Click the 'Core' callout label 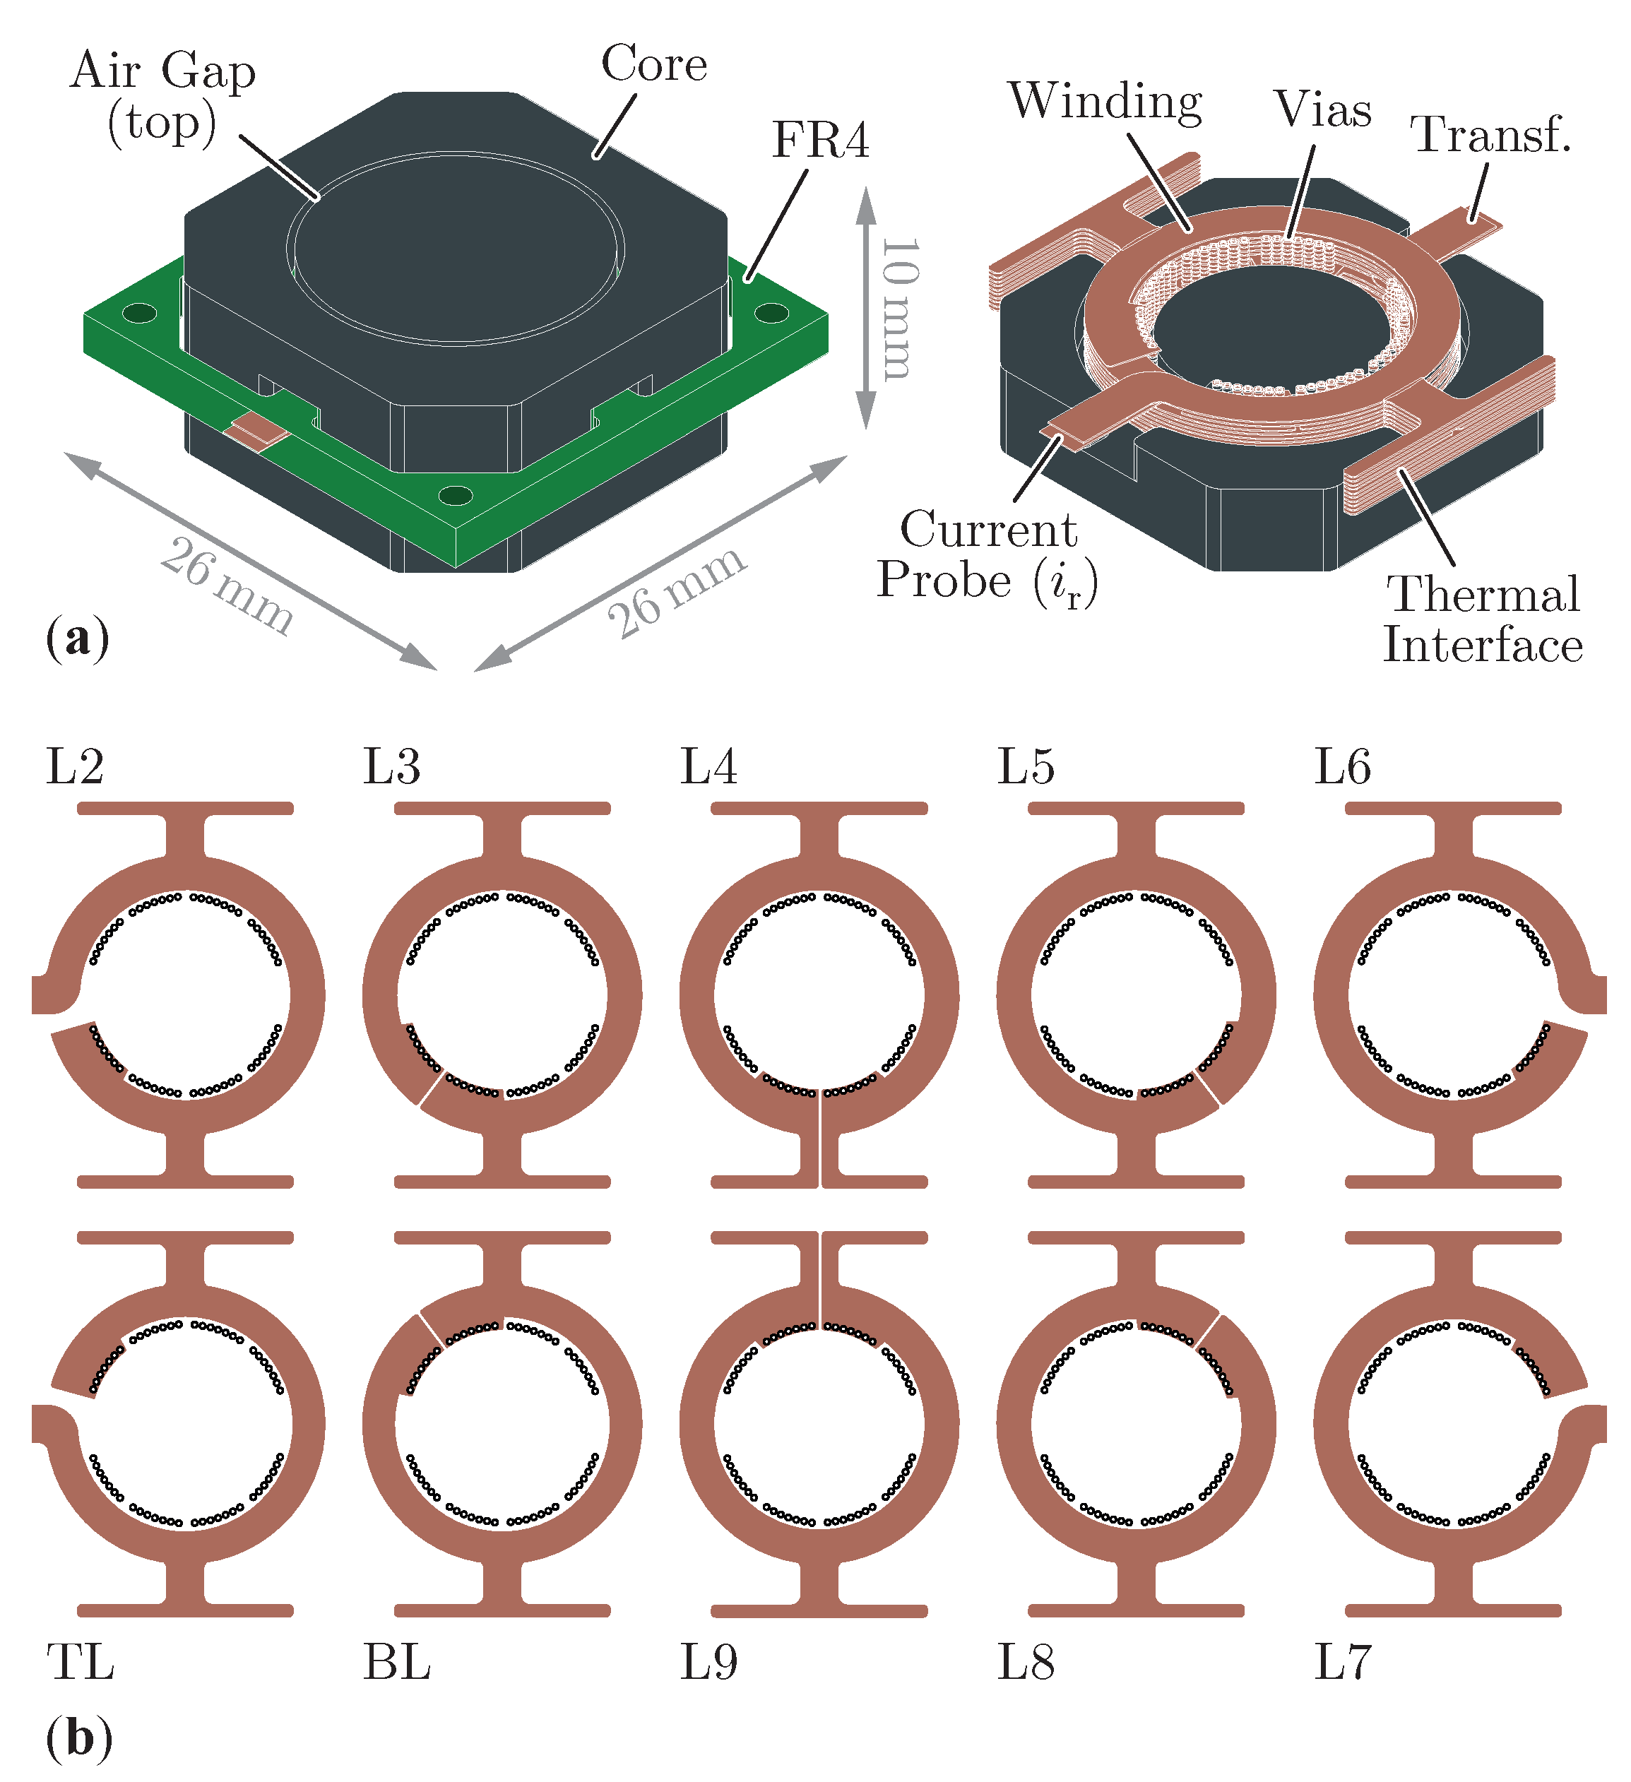pyautogui.click(x=654, y=64)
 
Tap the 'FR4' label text pyautogui.click(x=820, y=141)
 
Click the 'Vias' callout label pyautogui.click(x=1322, y=109)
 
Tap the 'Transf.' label pyautogui.click(x=1490, y=135)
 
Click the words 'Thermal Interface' pyautogui.click(x=1483, y=619)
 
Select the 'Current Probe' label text pyautogui.click(x=988, y=556)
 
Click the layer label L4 pyautogui.click(x=708, y=766)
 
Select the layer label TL pyautogui.click(x=81, y=1663)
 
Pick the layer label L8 pyautogui.click(x=1026, y=1663)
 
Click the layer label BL pyautogui.click(x=397, y=1663)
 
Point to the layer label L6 pyautogui.click(x=1342, y=766)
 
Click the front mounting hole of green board pyautogui.click(x=456, y=495)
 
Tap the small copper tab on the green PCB pyautogui.click(x=256, y=429)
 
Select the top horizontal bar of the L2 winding pyautogui.click(x=185, y=808)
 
